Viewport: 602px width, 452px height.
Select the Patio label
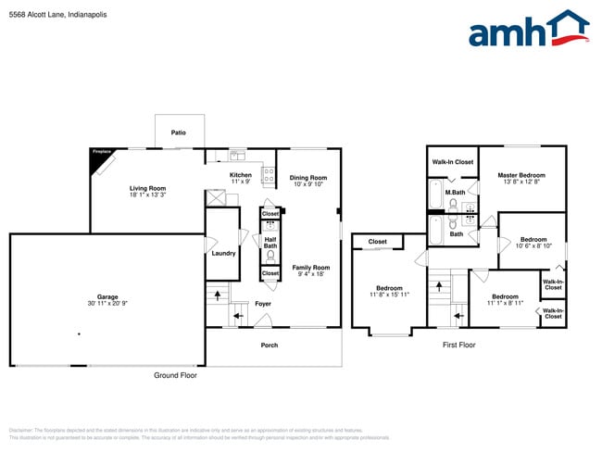coord(179,132)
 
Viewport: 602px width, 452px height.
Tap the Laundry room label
coord(223,253)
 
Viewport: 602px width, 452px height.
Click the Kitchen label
coord(241,175)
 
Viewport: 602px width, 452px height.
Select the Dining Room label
coord(308,178)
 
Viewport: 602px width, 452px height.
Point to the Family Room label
coord(311,267)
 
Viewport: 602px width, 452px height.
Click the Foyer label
coord(264,303)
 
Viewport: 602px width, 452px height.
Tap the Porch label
coord(269,345)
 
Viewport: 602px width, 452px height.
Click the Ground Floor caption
coord(175,375)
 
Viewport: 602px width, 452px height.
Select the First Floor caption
coord(458,345)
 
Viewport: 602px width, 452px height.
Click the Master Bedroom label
coord(520,175)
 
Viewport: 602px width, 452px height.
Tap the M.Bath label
coord(454,193)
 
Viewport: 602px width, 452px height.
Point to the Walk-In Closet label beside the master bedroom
coord(452,162)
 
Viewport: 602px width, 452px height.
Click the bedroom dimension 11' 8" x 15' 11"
coord(389,295)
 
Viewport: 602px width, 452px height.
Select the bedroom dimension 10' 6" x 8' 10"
coord(533,245)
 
